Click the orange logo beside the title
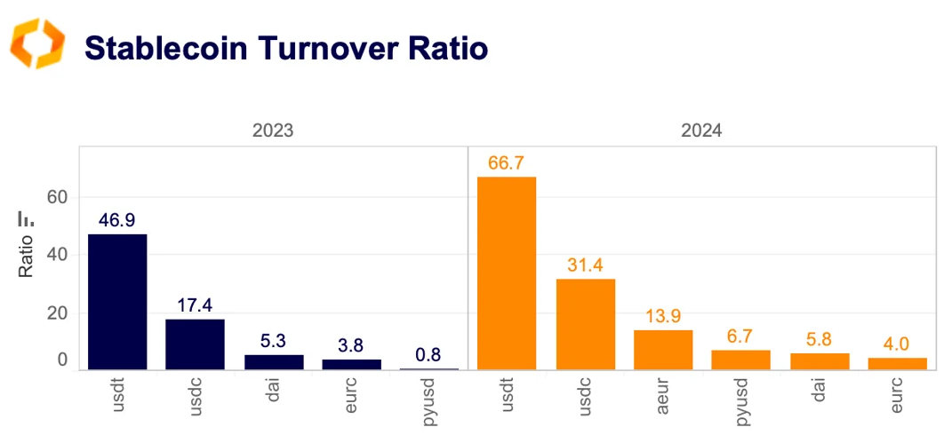click(37, 44)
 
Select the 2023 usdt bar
click(117, 302)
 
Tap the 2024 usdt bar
click(507, 273)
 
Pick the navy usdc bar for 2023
click(195, 344)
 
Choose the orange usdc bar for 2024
click(585, 325)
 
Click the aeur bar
click(663, 350)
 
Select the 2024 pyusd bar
click(741, 360)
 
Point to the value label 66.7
click(507, 163)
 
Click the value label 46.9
click(117, 220)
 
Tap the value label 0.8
click(428, 355)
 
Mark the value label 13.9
click(663, 317)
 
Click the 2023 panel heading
click(273, 131)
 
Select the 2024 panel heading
click(700, 131)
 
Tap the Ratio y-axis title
click(25, 259)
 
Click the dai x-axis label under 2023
click(273, 390)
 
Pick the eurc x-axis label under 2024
click(897, 394)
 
